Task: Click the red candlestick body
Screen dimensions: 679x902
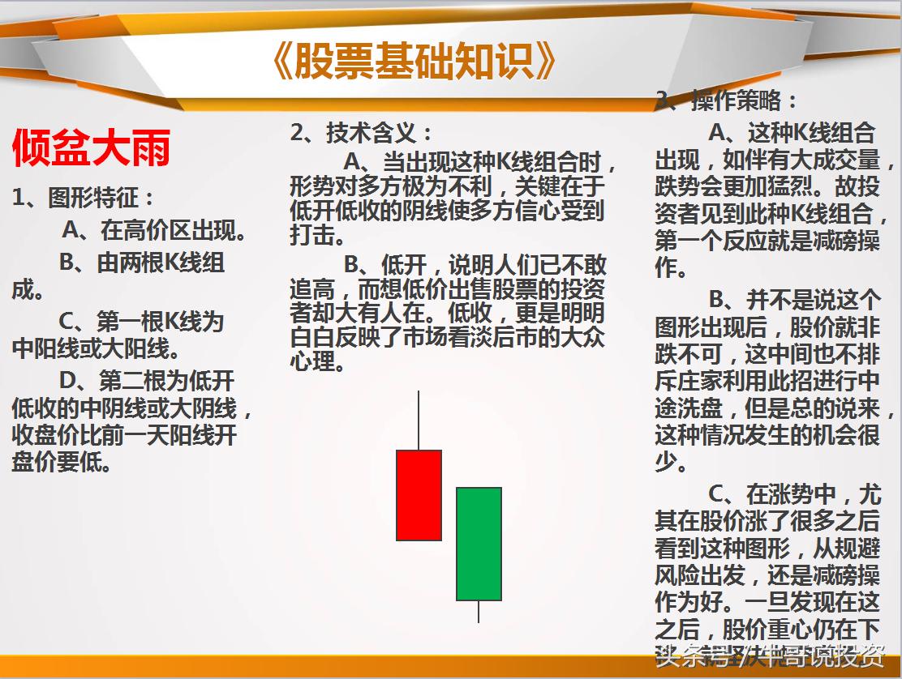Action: (419, 495)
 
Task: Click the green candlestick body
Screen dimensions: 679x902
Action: (479, 543)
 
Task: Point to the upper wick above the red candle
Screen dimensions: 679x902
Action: (419, 420)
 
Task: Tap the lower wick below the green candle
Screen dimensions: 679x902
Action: (479, 612)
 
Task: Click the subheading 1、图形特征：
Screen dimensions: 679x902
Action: (84, 197)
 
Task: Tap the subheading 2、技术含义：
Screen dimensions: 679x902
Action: (362, 133)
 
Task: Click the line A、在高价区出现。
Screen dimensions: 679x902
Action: (155, 231)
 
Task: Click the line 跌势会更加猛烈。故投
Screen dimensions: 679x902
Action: (767, 186)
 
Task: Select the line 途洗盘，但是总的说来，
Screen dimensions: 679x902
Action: (774, 408)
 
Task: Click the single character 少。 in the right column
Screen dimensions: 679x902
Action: (672, 463)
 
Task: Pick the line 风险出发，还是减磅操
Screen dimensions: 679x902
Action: (767, 575)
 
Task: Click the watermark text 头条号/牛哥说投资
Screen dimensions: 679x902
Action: (770, 654)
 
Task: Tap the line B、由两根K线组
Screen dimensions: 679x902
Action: (142, 263)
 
